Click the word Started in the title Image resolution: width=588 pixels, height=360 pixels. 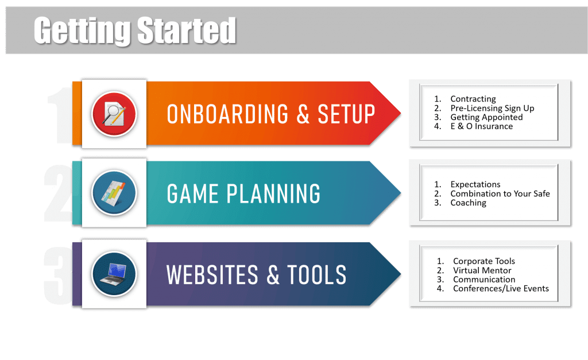(x=187, y=30)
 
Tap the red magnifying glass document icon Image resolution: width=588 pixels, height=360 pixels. (x=114, y=114)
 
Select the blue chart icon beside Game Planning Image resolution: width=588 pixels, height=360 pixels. (x=114, y=193)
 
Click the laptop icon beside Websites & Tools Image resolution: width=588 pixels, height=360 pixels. (x=114, y=274)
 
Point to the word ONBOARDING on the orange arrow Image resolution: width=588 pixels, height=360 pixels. (x=227, y=114)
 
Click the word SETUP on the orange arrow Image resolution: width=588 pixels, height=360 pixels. (x=346, y=114)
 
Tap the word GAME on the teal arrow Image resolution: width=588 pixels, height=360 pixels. (x=193, y=194)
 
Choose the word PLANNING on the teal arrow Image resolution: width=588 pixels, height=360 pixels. (x=273, y=194)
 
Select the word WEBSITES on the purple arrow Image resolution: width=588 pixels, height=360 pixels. (x=212, y=275)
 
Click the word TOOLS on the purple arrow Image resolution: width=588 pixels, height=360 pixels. (x=317, y=275)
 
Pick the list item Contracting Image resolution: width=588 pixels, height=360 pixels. (x=473, y=99)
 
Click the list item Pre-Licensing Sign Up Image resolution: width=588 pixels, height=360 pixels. (x=492, y=109)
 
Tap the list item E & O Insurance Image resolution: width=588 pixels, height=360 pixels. (x=482, y=126)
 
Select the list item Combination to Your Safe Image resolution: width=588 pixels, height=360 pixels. (x=500, y=193)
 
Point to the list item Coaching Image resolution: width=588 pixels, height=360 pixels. (x=468, y=203)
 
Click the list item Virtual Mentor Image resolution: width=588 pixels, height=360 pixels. (x=482, y=270)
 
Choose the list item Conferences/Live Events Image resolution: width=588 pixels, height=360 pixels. (x=501, y=288)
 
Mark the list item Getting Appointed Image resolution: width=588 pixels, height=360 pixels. (x=486, y=117)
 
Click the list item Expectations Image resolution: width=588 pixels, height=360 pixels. (x=475, y=184)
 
